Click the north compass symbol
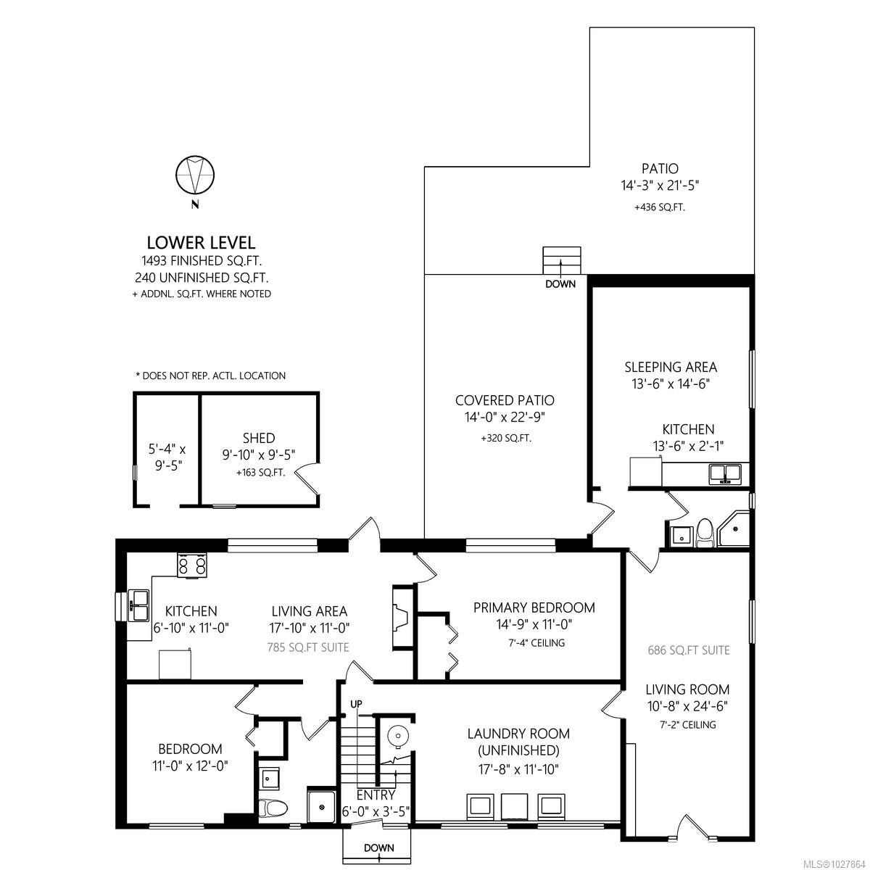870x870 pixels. (x=195, y=175)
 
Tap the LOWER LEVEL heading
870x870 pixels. (x=201, y=243)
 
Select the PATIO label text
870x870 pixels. (x=660, y=169)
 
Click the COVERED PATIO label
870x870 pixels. (x=505, y=400)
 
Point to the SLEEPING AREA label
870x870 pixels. (x=671, y=367)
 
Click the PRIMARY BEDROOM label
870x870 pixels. (x=534, y=608)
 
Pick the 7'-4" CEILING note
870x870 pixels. (x=536, y=642)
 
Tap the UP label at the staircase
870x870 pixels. (x=356, y=704)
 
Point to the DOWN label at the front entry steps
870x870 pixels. (x=378, y=848)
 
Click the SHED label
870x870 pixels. (x=259, y=438)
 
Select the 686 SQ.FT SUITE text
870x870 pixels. (x=688, y=650)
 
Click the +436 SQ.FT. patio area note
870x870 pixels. (x=659, y=207)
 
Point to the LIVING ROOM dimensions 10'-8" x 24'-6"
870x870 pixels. (x=688, y=706)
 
